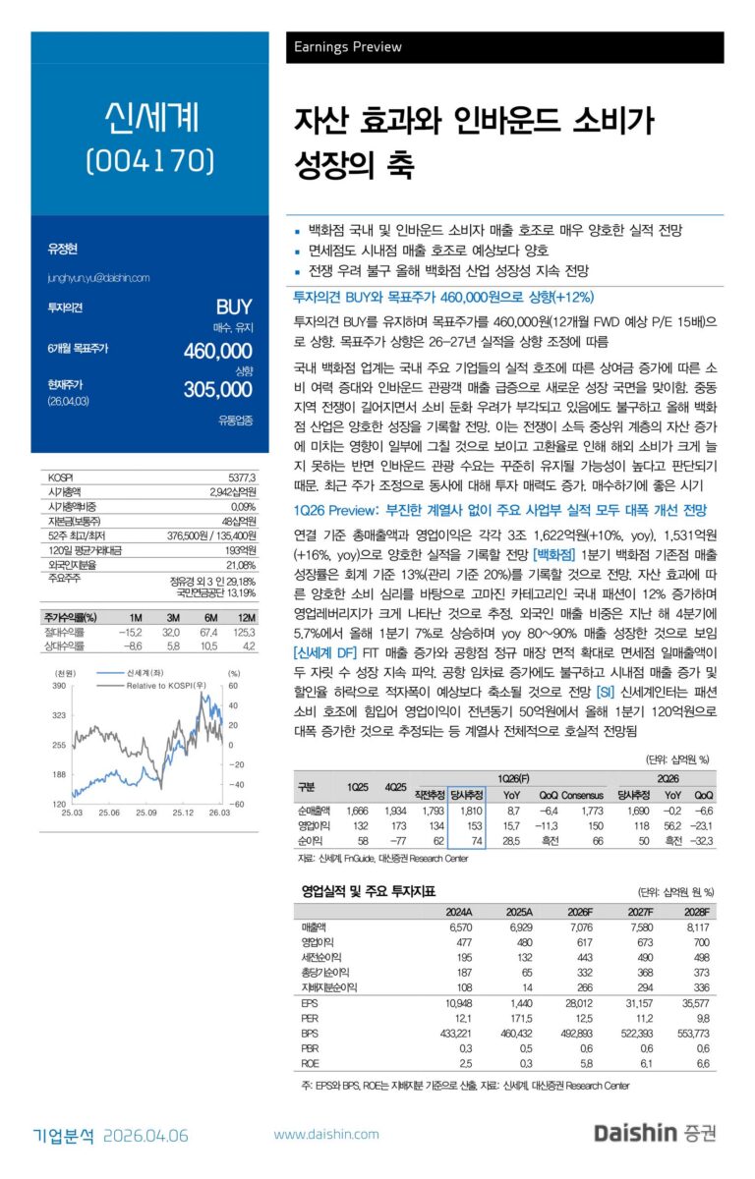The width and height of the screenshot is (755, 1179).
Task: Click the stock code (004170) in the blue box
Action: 149,159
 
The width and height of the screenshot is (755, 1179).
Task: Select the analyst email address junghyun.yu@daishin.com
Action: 98,278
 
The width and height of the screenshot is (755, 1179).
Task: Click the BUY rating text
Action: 234,307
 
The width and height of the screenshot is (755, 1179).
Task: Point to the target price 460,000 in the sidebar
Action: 218,351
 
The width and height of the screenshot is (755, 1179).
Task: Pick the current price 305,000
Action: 218,389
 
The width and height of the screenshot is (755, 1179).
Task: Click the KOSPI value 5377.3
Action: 241,477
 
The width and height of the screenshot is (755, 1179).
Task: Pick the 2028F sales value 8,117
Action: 692,926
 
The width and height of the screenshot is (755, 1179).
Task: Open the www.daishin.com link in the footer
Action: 325,1135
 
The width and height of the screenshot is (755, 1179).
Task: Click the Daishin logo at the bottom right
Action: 655,1134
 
